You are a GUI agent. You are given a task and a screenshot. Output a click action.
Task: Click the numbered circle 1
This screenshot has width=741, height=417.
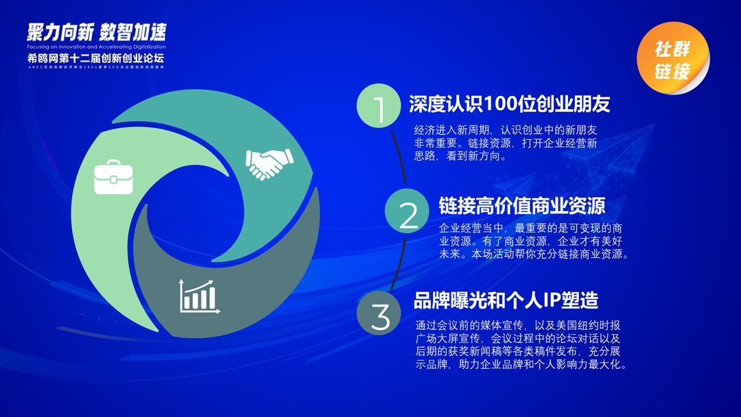[378, 107]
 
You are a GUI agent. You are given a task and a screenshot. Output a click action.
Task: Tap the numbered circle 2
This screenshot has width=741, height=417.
[408, 213]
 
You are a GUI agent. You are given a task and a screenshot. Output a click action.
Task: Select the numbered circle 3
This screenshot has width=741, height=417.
[379, 315]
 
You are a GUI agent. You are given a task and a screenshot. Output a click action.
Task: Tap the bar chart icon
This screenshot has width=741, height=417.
[199, 295]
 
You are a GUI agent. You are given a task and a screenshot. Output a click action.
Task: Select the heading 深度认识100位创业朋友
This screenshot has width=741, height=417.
[509, 104]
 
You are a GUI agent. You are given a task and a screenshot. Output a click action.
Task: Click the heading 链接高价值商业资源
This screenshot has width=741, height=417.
[521, 206]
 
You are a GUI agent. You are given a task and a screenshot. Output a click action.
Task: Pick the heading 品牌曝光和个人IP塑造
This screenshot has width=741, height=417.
[506, 300]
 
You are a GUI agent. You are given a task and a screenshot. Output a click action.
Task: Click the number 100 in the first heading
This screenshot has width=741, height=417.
[503, 104]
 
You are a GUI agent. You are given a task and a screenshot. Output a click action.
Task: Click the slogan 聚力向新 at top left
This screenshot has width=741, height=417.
[59, 32]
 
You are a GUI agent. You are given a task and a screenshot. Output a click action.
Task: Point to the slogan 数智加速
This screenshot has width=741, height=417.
[133, 32]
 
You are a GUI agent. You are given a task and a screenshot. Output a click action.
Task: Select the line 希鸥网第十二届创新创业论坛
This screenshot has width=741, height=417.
[96, 58]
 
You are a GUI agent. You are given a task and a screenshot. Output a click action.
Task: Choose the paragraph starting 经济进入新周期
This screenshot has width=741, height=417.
[506, 143]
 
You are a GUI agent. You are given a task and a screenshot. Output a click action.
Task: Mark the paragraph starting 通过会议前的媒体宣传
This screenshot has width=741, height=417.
[521, 345]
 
